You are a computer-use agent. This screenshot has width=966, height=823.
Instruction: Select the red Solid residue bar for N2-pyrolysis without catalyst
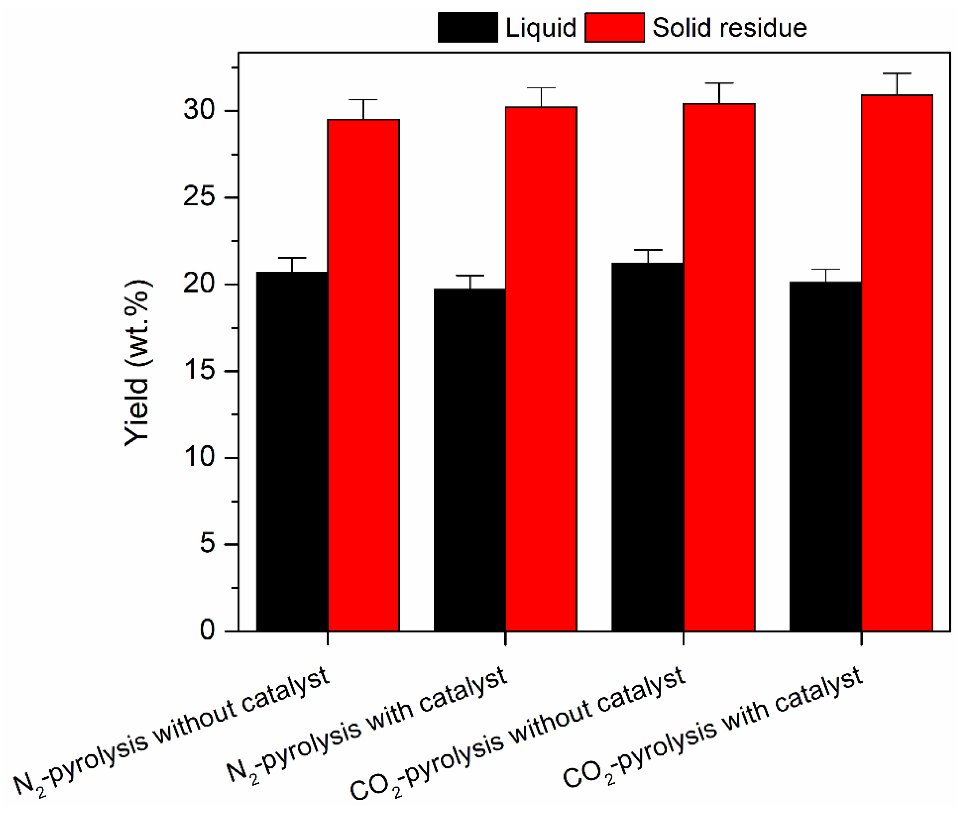tap(363, 375)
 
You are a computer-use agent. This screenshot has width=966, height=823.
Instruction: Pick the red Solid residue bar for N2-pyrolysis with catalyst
tap(541, 369)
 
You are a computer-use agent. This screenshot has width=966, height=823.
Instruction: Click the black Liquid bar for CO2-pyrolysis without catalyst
tap(648, 447)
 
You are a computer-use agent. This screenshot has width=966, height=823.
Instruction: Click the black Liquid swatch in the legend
tap(467, 28)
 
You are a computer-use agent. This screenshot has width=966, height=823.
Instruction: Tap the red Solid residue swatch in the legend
tap(614, 28)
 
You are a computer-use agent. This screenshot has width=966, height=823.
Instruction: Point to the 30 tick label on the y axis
tap(199, 110)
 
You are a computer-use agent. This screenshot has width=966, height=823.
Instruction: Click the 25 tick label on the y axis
tap(199, 197)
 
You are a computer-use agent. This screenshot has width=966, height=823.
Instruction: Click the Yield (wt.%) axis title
tap(137, 364)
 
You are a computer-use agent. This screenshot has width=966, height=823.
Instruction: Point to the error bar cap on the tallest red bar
tap(897, 74)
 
